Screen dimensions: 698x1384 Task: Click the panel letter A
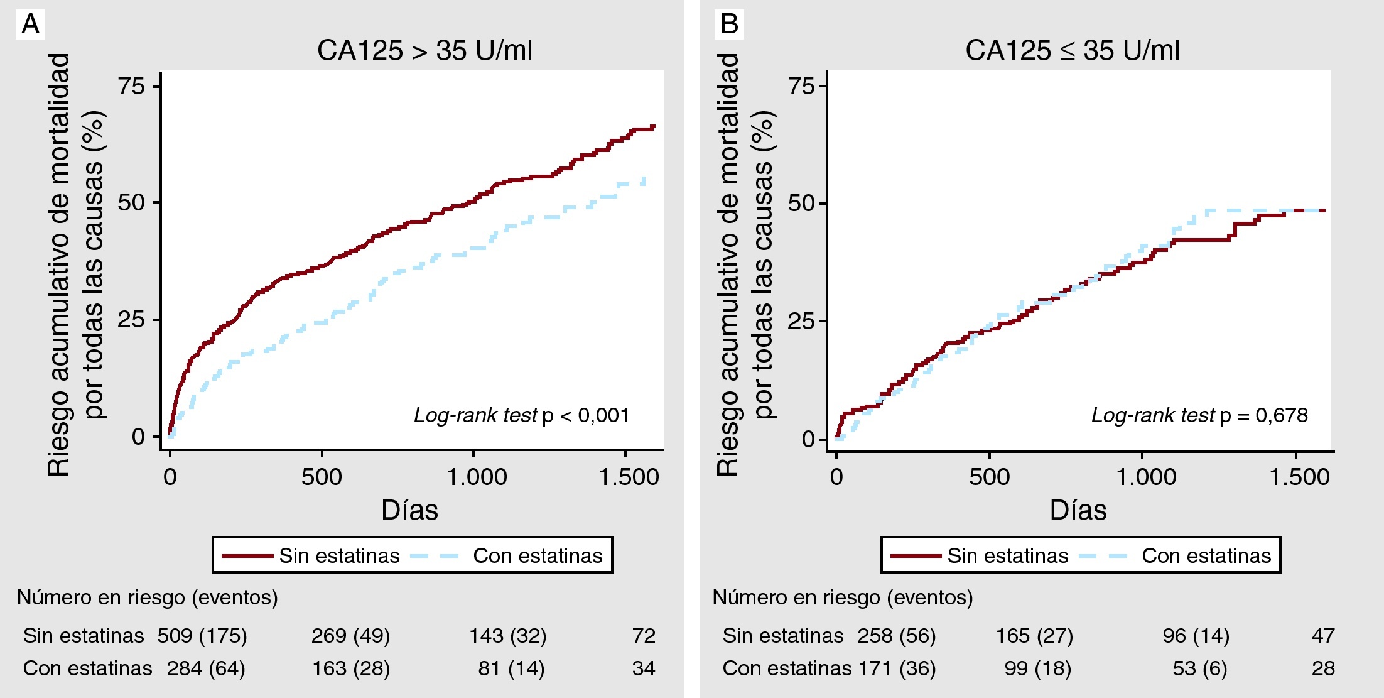click(x=30, y=25)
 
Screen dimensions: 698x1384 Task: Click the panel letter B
click(x=729, y=25)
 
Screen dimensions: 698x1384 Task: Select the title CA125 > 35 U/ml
click(x=424, y=50)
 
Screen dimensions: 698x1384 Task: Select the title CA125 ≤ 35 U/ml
click(x=1072, y=50)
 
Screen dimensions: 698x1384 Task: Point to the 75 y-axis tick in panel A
click(x=132, y=86)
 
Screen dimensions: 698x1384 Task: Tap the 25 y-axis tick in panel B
click(x=801, y=321)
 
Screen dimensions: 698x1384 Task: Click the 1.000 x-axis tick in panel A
click(x=477, y=477)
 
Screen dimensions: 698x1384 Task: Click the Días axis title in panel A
click(x=409, y=510)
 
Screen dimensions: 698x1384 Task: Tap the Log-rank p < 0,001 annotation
click(x=521, y=415)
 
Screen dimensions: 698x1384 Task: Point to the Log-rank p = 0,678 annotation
click(x=1199, y=415)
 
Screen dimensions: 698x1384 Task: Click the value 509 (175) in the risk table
click(x=202, y=636)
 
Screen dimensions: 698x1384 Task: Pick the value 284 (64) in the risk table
click(x=206, y=668)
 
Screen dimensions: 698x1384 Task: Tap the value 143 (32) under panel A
click(x=508, y=636)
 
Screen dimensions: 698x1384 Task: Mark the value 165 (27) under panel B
click(x=1034, y=636)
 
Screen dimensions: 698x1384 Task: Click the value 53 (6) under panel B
click(x=1199, y=668)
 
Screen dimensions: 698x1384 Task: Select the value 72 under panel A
click(x=644, y=636)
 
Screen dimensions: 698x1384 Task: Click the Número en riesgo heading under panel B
click(x=842, y=597)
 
